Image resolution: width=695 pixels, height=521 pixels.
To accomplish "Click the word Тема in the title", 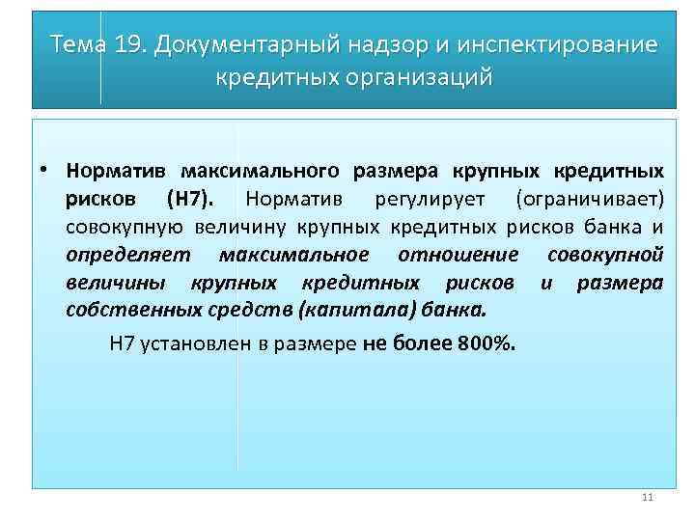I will coord(78,44).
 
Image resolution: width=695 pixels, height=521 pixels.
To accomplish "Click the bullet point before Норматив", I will coord(44,171).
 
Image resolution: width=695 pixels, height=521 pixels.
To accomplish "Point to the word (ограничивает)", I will coord(589,199).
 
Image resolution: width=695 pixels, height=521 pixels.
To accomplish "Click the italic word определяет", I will coord(128,255).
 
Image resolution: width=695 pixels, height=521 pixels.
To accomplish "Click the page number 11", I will coord(647,498).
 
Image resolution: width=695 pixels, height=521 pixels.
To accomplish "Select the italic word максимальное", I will coord(293,255).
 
